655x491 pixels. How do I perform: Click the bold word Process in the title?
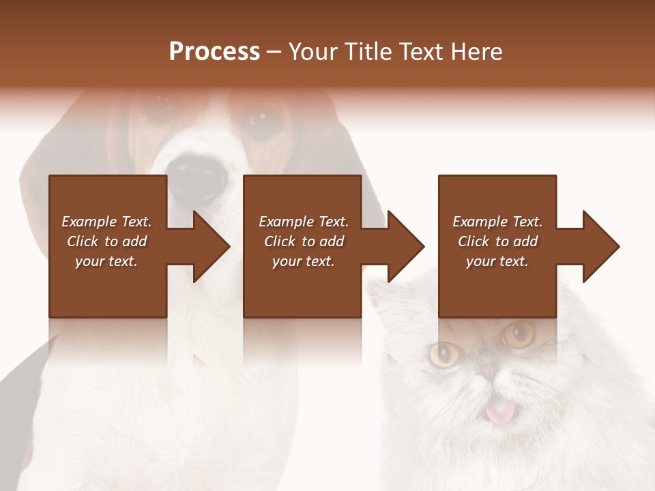coord(214,52)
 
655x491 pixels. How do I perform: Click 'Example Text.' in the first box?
coord(106,222)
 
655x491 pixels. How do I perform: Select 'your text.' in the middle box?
coord(303,261)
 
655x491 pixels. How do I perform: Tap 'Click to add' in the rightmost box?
coord(497,241)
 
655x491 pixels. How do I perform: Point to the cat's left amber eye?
coord(445,353)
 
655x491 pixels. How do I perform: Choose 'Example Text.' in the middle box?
coord(303,222)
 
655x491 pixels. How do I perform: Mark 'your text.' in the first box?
coord(106,261)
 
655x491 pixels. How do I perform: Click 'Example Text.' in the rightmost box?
coord(497,222)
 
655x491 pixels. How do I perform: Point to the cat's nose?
coord(489,374)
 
